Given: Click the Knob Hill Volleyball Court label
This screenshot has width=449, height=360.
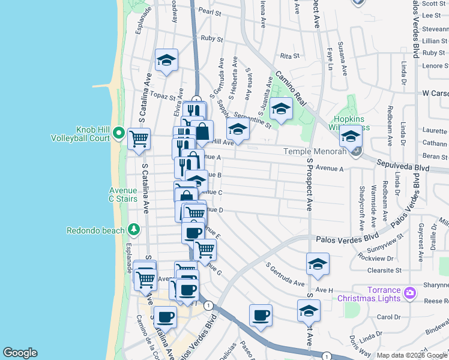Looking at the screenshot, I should click(92, 133).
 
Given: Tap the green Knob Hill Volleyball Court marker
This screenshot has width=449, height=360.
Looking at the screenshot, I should click(119, 133).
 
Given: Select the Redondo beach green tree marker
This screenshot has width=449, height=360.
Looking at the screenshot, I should click(133, 230).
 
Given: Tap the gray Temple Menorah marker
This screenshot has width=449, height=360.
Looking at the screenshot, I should click(356, 151).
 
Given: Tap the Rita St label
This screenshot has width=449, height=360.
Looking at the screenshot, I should click(289, 56).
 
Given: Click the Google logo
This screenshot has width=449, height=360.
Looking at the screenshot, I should click(20, 353).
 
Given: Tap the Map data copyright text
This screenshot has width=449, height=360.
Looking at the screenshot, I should click(412, 355).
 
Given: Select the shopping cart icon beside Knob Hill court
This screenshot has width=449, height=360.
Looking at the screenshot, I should click(139, 139).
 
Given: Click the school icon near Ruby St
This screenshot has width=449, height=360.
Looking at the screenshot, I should click(166, 60).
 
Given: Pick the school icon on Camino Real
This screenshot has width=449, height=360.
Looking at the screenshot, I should click(280, 109).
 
